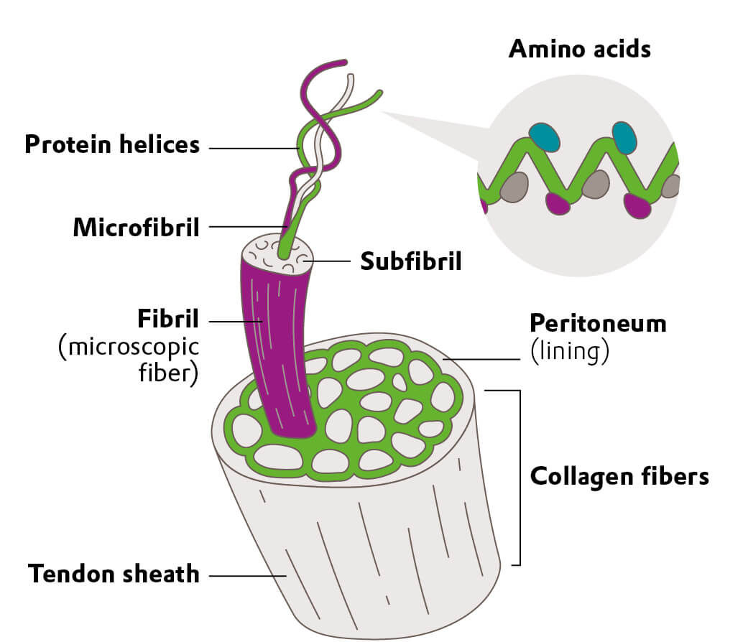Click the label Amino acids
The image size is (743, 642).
579,49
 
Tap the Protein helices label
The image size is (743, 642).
112,144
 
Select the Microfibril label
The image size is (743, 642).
136,228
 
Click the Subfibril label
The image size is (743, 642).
410,261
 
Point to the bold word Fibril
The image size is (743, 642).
167,318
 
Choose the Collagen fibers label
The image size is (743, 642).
619,476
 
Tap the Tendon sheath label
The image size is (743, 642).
114,574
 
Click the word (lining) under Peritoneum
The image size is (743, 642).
570,353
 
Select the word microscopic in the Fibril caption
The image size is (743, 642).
129,348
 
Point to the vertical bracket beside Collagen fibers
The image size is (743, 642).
517,478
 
